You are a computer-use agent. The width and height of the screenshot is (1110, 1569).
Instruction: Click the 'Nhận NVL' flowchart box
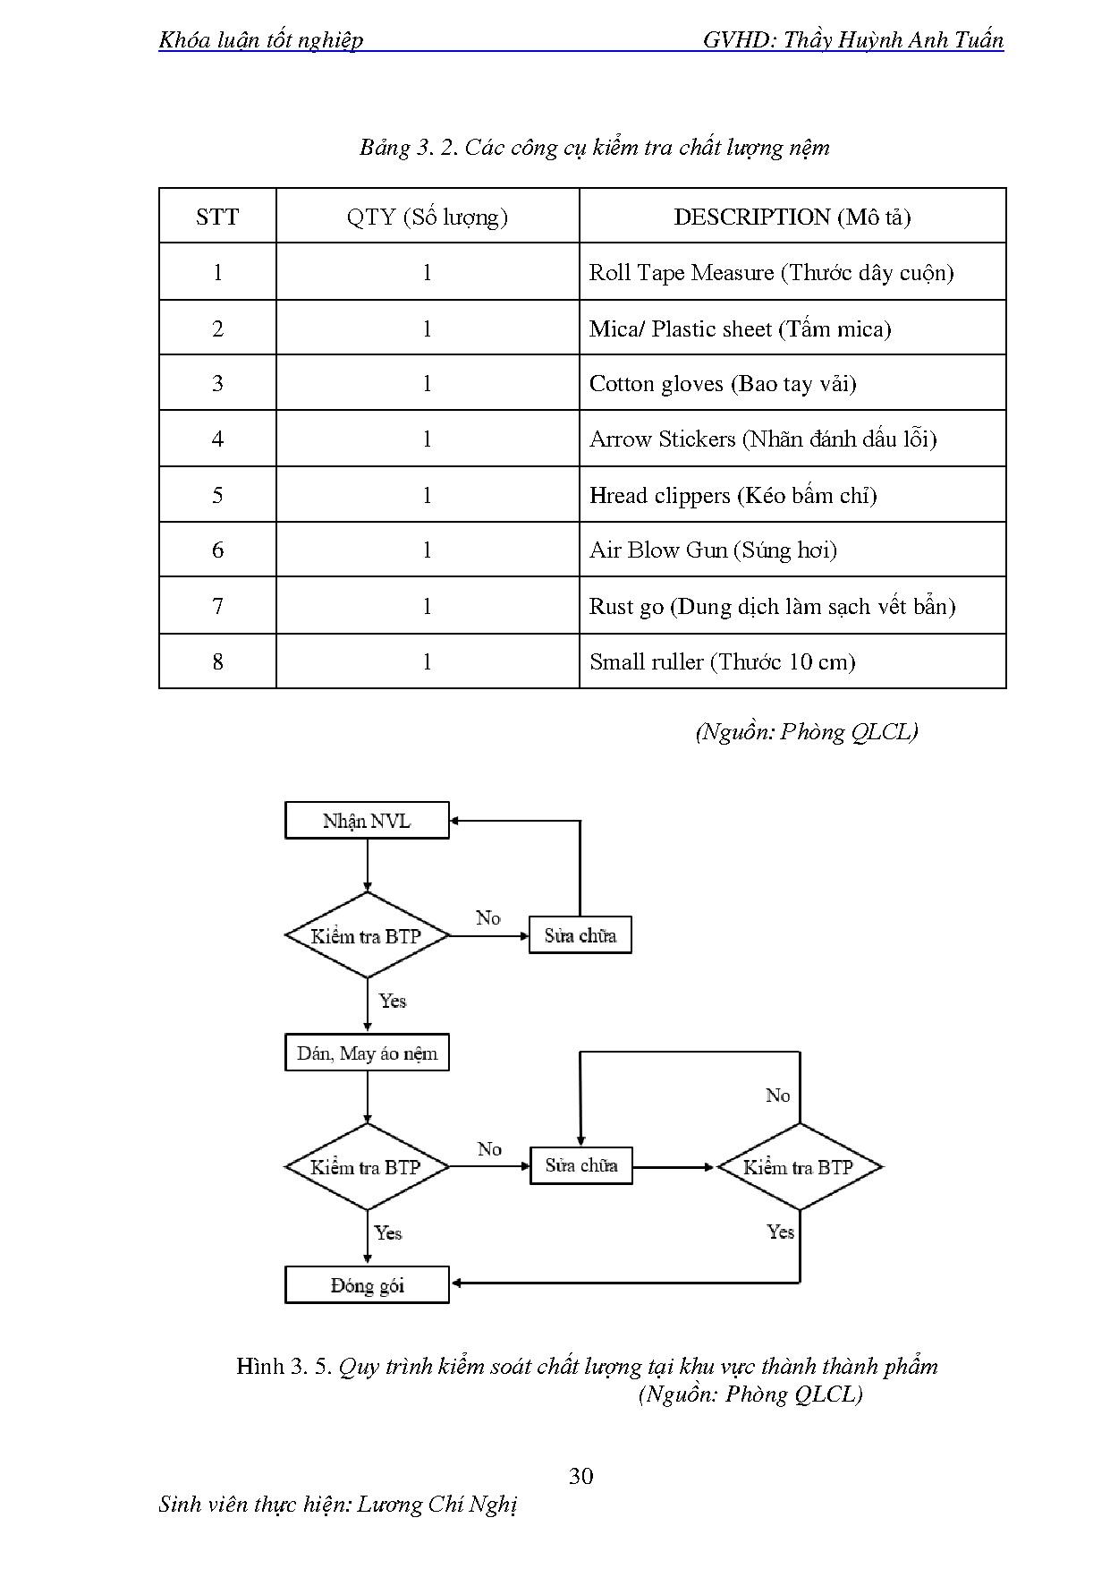367,821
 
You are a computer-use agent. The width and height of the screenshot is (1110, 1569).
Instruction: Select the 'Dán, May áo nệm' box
367,1053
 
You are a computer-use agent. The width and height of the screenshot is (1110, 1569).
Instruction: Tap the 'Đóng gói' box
367,1285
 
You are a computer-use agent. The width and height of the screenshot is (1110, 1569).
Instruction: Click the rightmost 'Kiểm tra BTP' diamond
799,1167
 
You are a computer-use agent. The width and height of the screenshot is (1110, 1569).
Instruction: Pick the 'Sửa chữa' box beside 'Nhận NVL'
580,935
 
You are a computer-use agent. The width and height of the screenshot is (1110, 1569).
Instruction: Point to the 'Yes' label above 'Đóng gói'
388,1232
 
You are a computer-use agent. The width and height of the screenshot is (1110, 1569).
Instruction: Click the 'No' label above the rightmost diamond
777,1096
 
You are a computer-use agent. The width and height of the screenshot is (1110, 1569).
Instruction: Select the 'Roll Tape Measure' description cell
771,273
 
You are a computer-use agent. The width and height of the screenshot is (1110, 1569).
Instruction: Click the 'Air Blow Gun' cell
713,550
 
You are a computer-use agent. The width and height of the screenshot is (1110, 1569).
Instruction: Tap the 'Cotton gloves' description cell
723,384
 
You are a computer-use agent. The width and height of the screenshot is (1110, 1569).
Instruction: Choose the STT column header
217,217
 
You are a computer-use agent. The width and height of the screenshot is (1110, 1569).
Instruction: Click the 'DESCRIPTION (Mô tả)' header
792,217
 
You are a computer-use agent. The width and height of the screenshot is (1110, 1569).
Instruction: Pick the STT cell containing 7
217,606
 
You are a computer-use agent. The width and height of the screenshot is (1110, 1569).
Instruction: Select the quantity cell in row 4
427,439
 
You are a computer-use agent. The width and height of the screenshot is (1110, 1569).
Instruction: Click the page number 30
580,1476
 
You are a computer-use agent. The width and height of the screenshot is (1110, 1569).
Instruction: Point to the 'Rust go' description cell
772,606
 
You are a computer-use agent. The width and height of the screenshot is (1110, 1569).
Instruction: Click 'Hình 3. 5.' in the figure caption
284,1366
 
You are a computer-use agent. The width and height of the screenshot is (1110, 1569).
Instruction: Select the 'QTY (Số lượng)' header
427,217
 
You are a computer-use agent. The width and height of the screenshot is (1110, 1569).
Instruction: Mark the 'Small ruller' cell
722,661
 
